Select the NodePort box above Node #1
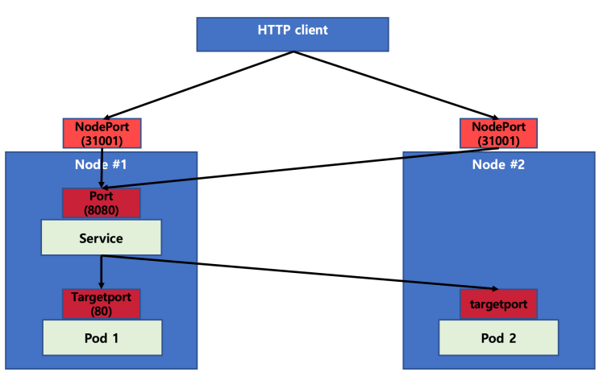(x=102, y=133)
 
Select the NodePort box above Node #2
(x=498, y=133)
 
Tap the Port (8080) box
(x=102, y=203)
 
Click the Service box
(x=102, y=238)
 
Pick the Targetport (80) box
(x=102, y=304)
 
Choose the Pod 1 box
(x=102, y=337)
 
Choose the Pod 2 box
(x=498, y=337)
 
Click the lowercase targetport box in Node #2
(x=498, y=304)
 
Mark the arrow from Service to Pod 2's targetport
(x=298, y=272)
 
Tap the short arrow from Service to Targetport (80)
(x=102, y=272)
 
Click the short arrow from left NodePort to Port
(x=102, y=167)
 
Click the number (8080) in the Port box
(x=102, y=209)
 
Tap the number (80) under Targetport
(x=102, y=311)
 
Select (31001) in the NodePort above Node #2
(x=498, y=140)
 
